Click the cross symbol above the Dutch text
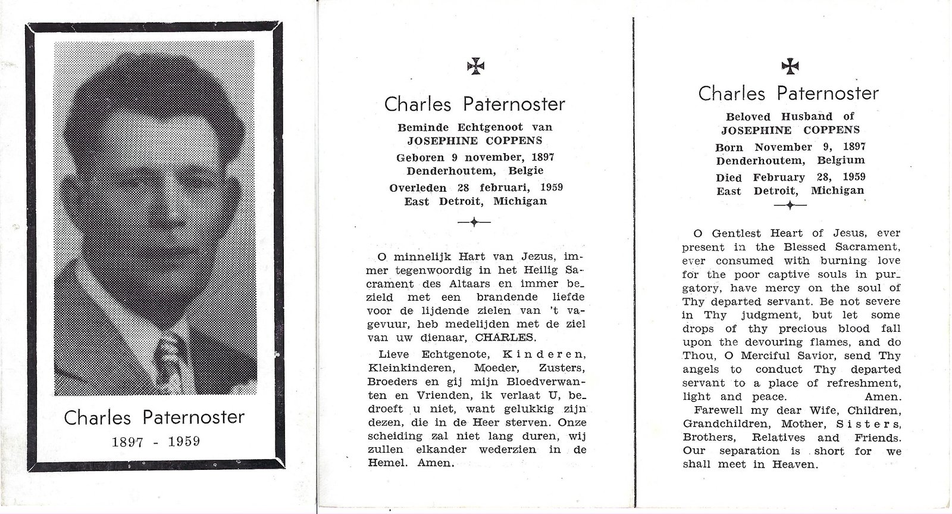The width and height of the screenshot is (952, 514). point(475,67)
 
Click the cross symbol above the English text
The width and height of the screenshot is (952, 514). point(789,66)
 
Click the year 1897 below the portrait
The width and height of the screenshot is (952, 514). point(130,441)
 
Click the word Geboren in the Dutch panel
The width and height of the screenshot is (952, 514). point(420,157)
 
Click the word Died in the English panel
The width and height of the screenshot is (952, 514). point(729,177)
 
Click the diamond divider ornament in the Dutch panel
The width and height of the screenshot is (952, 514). point(474,222)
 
